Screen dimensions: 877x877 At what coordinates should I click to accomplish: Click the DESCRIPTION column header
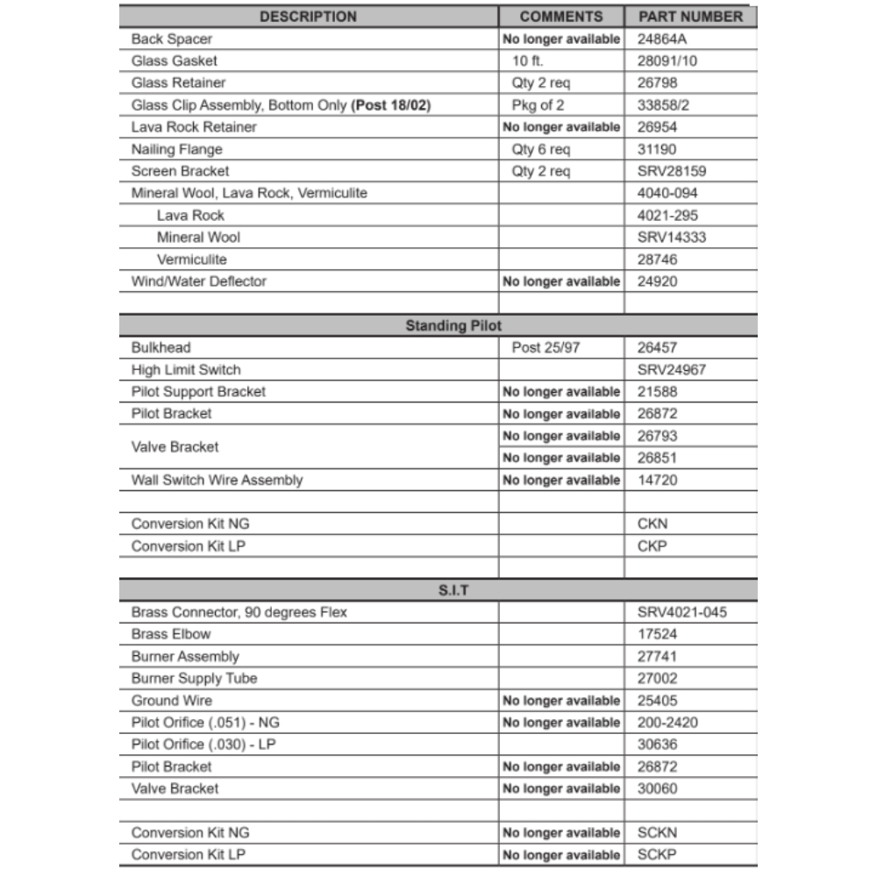pyautogui.click(x=308, y=17)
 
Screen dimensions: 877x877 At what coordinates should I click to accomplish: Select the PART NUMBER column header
pyautogui.click(x=690, y=17)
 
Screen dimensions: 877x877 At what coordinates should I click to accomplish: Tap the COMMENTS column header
pyautogui.click(x=561, y=17)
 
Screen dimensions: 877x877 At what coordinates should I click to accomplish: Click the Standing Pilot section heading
pyautogui.click(x=453, y=325)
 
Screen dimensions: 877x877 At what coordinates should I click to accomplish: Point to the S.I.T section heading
pyautogui.click(x=453, y=590)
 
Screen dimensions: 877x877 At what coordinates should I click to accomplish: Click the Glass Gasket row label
pyautogui.click(x=174, y=61)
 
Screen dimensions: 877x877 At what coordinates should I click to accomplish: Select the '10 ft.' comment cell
pyautogui.click(x=528, y=61)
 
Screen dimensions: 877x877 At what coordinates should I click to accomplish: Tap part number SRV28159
pyautogui.click(x=672, y=171)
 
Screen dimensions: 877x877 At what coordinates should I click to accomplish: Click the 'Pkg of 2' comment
pyautogui.click(x=538, y=105)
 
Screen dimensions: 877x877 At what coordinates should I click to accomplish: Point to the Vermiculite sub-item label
pyautogui.click(x=191, y=260)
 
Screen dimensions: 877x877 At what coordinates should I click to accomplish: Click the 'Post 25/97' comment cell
pyautogui.click(x=545, y=348)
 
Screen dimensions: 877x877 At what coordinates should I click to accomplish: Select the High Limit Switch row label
pyautogui.click(x=186, y=370)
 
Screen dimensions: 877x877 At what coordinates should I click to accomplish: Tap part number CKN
pyautogui.click(x=652, y=524)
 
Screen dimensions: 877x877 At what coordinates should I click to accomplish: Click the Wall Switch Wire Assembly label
pyautogui.click(x=217, y=480)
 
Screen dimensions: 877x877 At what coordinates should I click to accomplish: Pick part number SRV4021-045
pyautogui.click(x=682, y=612)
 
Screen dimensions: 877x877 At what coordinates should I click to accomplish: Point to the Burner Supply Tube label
pyautogui.click(x=194, y=679)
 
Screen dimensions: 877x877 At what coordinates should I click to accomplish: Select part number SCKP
pyautogui.click(x=657, y=855)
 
